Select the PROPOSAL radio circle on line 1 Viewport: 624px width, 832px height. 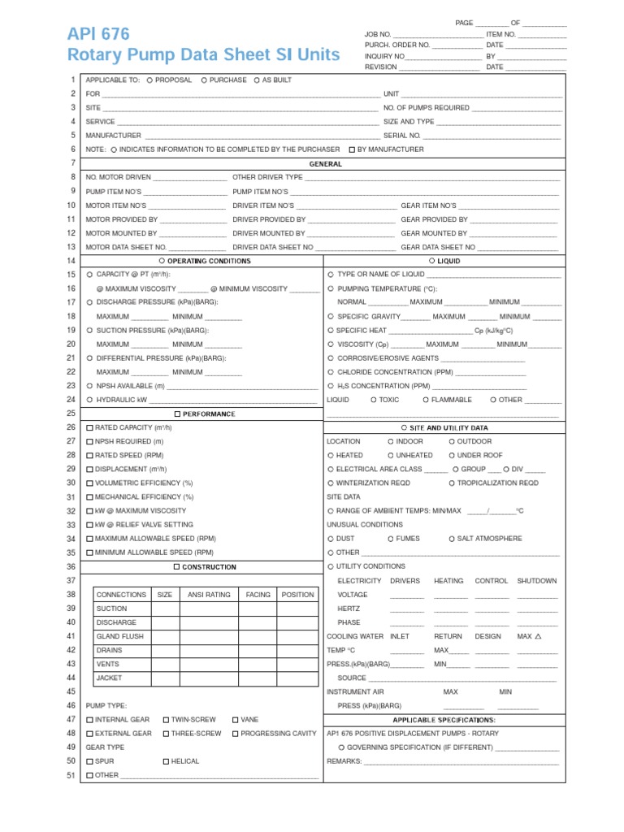click(149, 80)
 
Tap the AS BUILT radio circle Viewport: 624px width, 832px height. click(257, 80)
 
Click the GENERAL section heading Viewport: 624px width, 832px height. click(325, 164)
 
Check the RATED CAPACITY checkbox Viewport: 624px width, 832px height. click(89, 427)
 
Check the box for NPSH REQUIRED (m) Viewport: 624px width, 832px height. click(89, 441)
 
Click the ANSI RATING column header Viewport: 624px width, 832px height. click(209, 595)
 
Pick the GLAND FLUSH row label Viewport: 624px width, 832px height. click(120, 636)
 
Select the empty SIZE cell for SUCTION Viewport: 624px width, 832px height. click(165, 609)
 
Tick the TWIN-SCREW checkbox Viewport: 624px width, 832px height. click(166, 720)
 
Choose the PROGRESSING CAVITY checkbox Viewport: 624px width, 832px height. click(235, 734)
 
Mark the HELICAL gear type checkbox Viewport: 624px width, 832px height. click(166, 761)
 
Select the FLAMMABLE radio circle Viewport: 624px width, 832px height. click(426, 400)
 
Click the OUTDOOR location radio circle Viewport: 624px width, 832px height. click(452, 441)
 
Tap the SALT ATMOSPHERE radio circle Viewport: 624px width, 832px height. click(452, 539)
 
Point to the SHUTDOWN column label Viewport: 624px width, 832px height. click(537, 581)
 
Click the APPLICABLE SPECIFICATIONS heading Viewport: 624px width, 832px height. click(444, 720)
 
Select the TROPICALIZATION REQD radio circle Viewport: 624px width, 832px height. click(452, 483)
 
